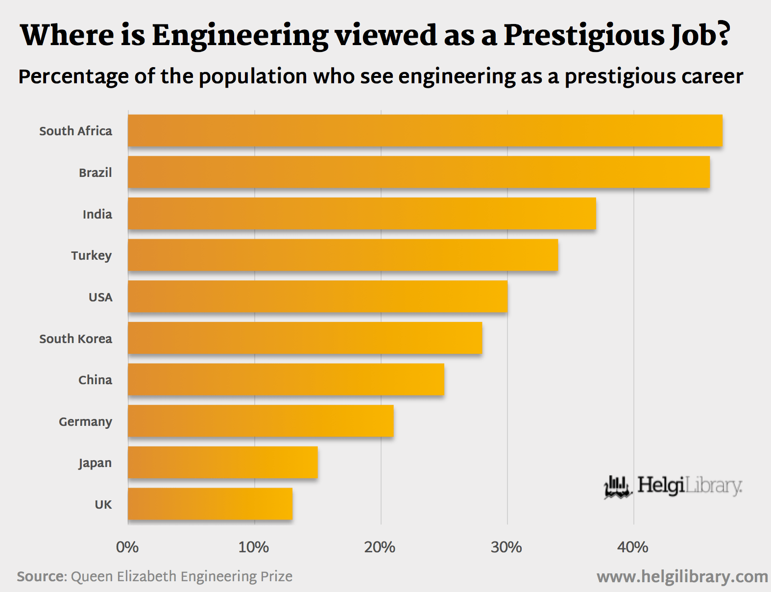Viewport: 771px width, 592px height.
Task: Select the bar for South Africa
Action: (425, 131)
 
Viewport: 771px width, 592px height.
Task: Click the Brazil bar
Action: (419, 172)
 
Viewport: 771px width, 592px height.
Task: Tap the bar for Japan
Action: (223, 462)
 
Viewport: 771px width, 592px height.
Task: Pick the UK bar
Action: (210, 504)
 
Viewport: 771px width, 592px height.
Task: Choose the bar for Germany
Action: (261, 421)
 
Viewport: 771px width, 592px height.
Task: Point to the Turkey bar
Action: (343, 255)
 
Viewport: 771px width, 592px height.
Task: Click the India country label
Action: (97, 214)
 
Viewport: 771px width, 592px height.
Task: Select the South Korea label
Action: (75, 339)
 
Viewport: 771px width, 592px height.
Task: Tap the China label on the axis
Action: (95, 380)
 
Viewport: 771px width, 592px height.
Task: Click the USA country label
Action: (100, 297)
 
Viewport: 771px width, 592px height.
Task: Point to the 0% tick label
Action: (127, 547)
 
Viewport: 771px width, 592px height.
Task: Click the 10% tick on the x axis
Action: (254, 547)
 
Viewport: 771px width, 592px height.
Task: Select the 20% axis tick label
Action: (380, 547)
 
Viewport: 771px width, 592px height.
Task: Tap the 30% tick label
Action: (506, 547)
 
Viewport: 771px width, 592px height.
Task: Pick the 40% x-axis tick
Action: (633, 547)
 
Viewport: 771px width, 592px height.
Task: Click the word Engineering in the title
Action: (240, 36)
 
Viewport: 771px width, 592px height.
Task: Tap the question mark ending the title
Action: (723, 34)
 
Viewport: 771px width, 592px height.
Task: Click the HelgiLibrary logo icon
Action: (618, 487)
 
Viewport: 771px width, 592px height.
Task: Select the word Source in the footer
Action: (41, 576)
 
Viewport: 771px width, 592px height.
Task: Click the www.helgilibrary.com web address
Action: (682, 577)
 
